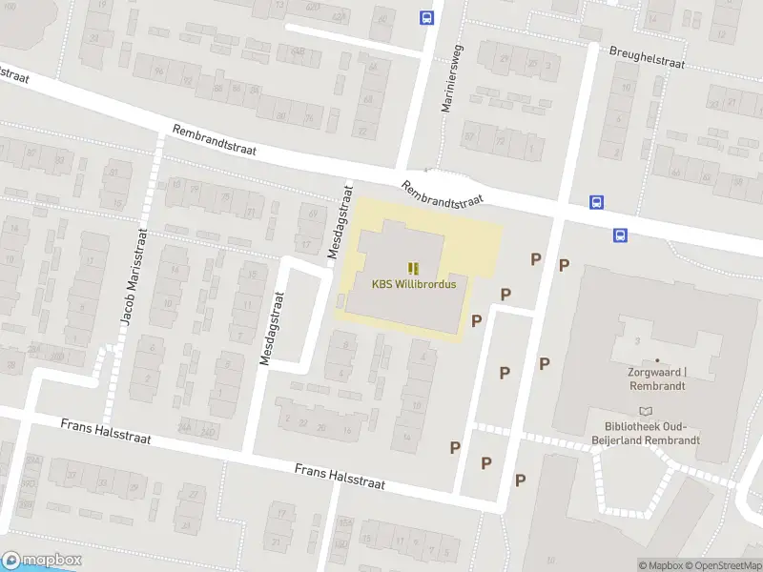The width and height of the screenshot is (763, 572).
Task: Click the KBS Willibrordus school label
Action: (x=413, y=283)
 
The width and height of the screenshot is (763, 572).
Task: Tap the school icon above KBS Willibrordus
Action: (x=413, y=268)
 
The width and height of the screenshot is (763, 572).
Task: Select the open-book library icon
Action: (x=649, y=411)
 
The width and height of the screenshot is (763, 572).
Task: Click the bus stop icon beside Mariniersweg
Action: (x=426, y=16)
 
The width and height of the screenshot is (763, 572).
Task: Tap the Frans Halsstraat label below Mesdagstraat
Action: (x=340, y=477)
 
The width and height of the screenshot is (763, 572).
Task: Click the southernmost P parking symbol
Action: (x=520, y=480)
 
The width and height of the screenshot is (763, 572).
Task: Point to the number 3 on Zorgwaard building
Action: (x=635, y=340)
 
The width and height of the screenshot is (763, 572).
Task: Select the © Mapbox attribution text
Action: (x=662, y=565)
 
